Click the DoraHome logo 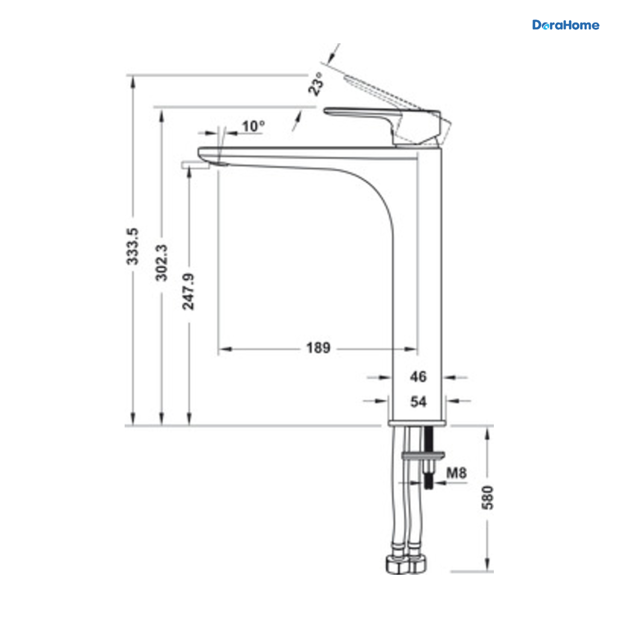coord(565,25)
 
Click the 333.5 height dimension coord(132,246)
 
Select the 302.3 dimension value coord(161,263)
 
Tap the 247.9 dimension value coord(188,291)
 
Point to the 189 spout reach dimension coord(318,348)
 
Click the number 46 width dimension coord(418,377)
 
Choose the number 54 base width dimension coord(419,402)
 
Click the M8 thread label coord(456,473)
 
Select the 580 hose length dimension coord(488,497)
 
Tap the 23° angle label coord(316,84)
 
